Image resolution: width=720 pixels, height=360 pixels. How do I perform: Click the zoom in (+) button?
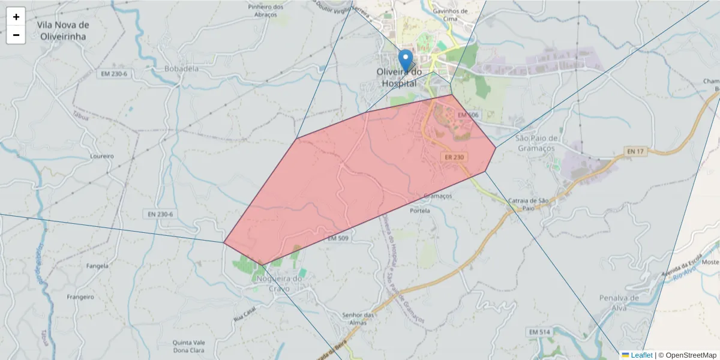(16, 17)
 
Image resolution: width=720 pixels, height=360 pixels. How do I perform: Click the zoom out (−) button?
(16, 35)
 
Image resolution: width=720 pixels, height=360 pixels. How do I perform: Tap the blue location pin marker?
(406, 61)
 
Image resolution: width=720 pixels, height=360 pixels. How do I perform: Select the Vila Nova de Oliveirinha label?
(62, 31)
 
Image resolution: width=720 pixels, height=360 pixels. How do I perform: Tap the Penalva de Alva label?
(621, 302)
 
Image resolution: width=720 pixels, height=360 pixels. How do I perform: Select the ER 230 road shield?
(454, 157)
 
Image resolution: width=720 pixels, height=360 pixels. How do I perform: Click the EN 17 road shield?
(635, 151)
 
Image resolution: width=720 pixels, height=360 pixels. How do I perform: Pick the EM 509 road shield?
(338, 238)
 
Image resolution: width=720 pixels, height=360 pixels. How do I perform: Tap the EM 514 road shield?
(539, 332)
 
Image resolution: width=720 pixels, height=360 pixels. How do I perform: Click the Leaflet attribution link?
(641, 355)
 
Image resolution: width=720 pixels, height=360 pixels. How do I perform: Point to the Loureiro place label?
(101, 156)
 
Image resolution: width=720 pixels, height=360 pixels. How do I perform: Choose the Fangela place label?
(97, 266)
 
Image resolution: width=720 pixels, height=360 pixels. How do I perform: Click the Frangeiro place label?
(80, 297)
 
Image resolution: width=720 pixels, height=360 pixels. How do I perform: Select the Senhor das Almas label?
(358, 319)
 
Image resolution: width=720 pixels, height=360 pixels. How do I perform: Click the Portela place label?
(420, 211)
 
